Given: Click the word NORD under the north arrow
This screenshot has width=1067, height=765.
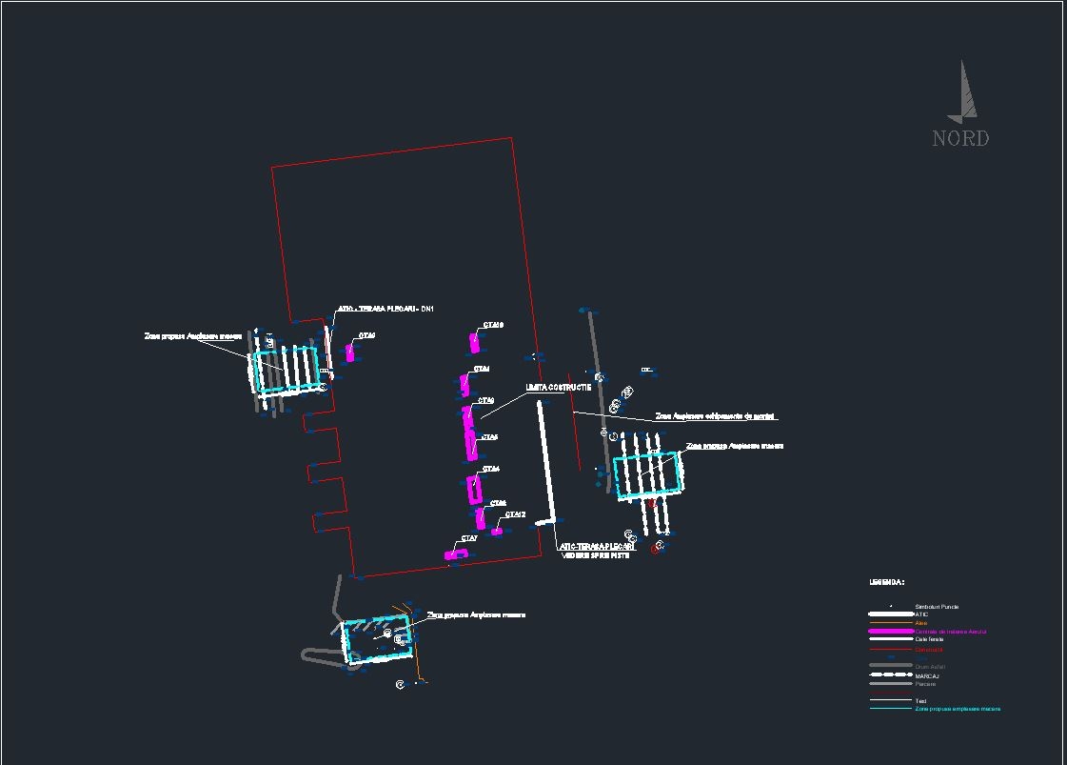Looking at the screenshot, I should (960, 139).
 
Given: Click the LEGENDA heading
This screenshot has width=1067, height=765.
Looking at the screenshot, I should (886, 582).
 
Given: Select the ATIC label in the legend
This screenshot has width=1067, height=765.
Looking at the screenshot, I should (921, 614).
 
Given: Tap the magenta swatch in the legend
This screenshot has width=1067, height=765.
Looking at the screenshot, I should (890, 632).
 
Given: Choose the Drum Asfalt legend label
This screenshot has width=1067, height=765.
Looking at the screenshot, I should (930, 666).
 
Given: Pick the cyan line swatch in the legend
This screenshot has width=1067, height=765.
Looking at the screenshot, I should (890, 709).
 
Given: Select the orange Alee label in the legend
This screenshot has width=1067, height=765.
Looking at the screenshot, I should (920, 623).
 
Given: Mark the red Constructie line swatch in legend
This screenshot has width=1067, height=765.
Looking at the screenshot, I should (890, 650).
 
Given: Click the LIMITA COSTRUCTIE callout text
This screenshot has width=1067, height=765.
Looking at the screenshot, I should (558, 388).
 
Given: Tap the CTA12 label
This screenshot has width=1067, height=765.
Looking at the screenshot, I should (515, 515).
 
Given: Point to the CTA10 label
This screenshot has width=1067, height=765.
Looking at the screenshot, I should (493, 326).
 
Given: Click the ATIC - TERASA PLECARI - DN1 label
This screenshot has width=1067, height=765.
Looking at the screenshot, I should (385, 310).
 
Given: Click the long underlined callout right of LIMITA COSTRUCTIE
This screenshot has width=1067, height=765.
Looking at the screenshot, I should (716, 416).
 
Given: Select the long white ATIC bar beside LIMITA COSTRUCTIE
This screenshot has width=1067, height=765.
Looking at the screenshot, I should (547, 462).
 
